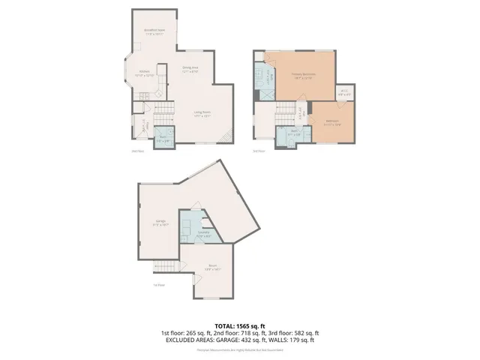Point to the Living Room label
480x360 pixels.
pos(201,114)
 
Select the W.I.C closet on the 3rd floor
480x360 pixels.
pos(344,93)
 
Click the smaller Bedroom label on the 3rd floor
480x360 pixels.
pos(332,122)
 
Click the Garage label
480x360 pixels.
pos(160,222)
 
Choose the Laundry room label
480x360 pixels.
pos(203,234)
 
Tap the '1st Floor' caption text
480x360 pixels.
pos(158,284)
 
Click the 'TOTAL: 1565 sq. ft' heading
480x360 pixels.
pos(239,324)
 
